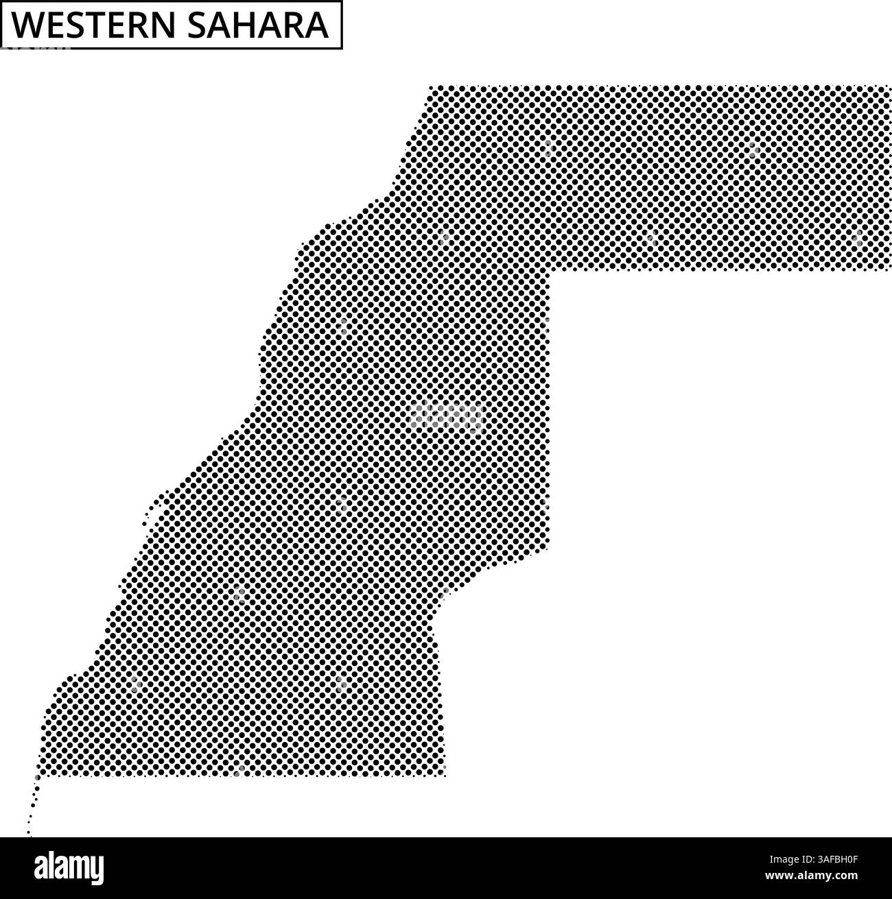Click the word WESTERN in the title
89,25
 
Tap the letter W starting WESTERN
26,25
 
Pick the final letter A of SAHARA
316,25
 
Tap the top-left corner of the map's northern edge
430,88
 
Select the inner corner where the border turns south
550,269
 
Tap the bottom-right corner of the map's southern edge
444,776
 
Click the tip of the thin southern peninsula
29,835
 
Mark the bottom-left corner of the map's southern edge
40,776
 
